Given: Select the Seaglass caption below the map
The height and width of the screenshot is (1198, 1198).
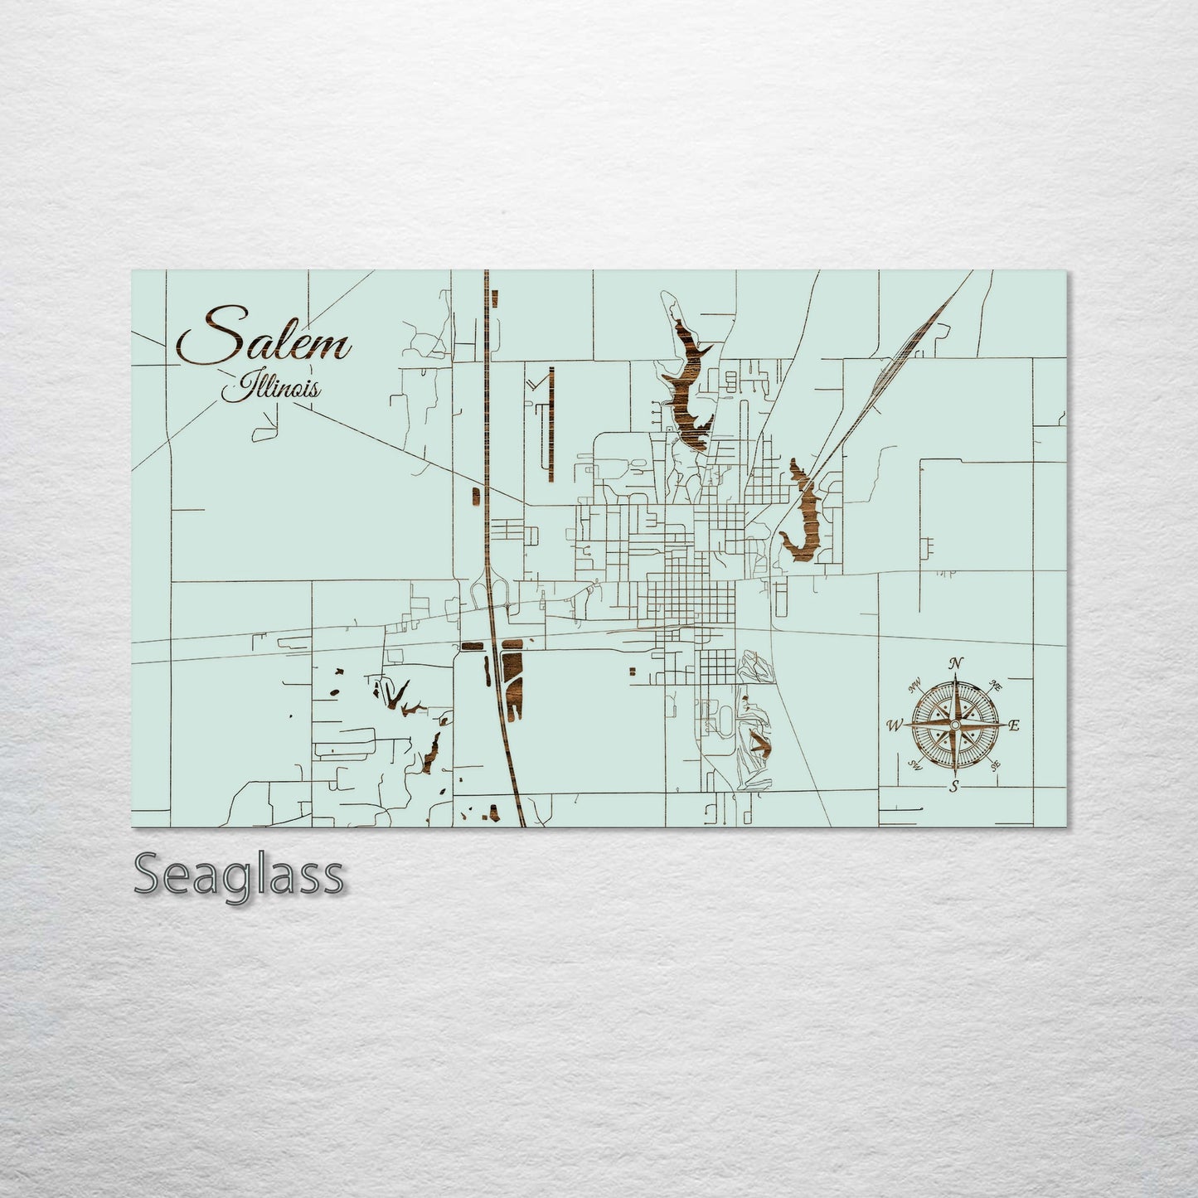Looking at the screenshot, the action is (x=238, y=875).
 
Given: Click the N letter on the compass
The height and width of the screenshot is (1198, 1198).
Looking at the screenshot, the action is (x=957, y=663).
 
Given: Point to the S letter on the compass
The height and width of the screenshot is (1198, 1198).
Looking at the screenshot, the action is (x=955, y=786).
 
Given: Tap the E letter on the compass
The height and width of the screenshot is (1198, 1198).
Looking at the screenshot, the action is (x=1015, y=725).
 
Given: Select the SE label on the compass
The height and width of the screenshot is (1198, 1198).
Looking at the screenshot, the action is (x=996, y=765).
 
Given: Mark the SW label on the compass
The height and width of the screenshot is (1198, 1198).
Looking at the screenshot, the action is (x=915, y=764).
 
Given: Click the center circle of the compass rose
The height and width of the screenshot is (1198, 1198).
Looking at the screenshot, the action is (x=955, y=725).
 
